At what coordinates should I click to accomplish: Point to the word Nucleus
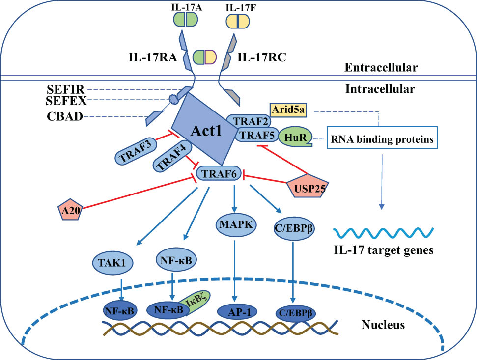383,325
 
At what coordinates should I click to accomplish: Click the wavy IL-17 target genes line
383,232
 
